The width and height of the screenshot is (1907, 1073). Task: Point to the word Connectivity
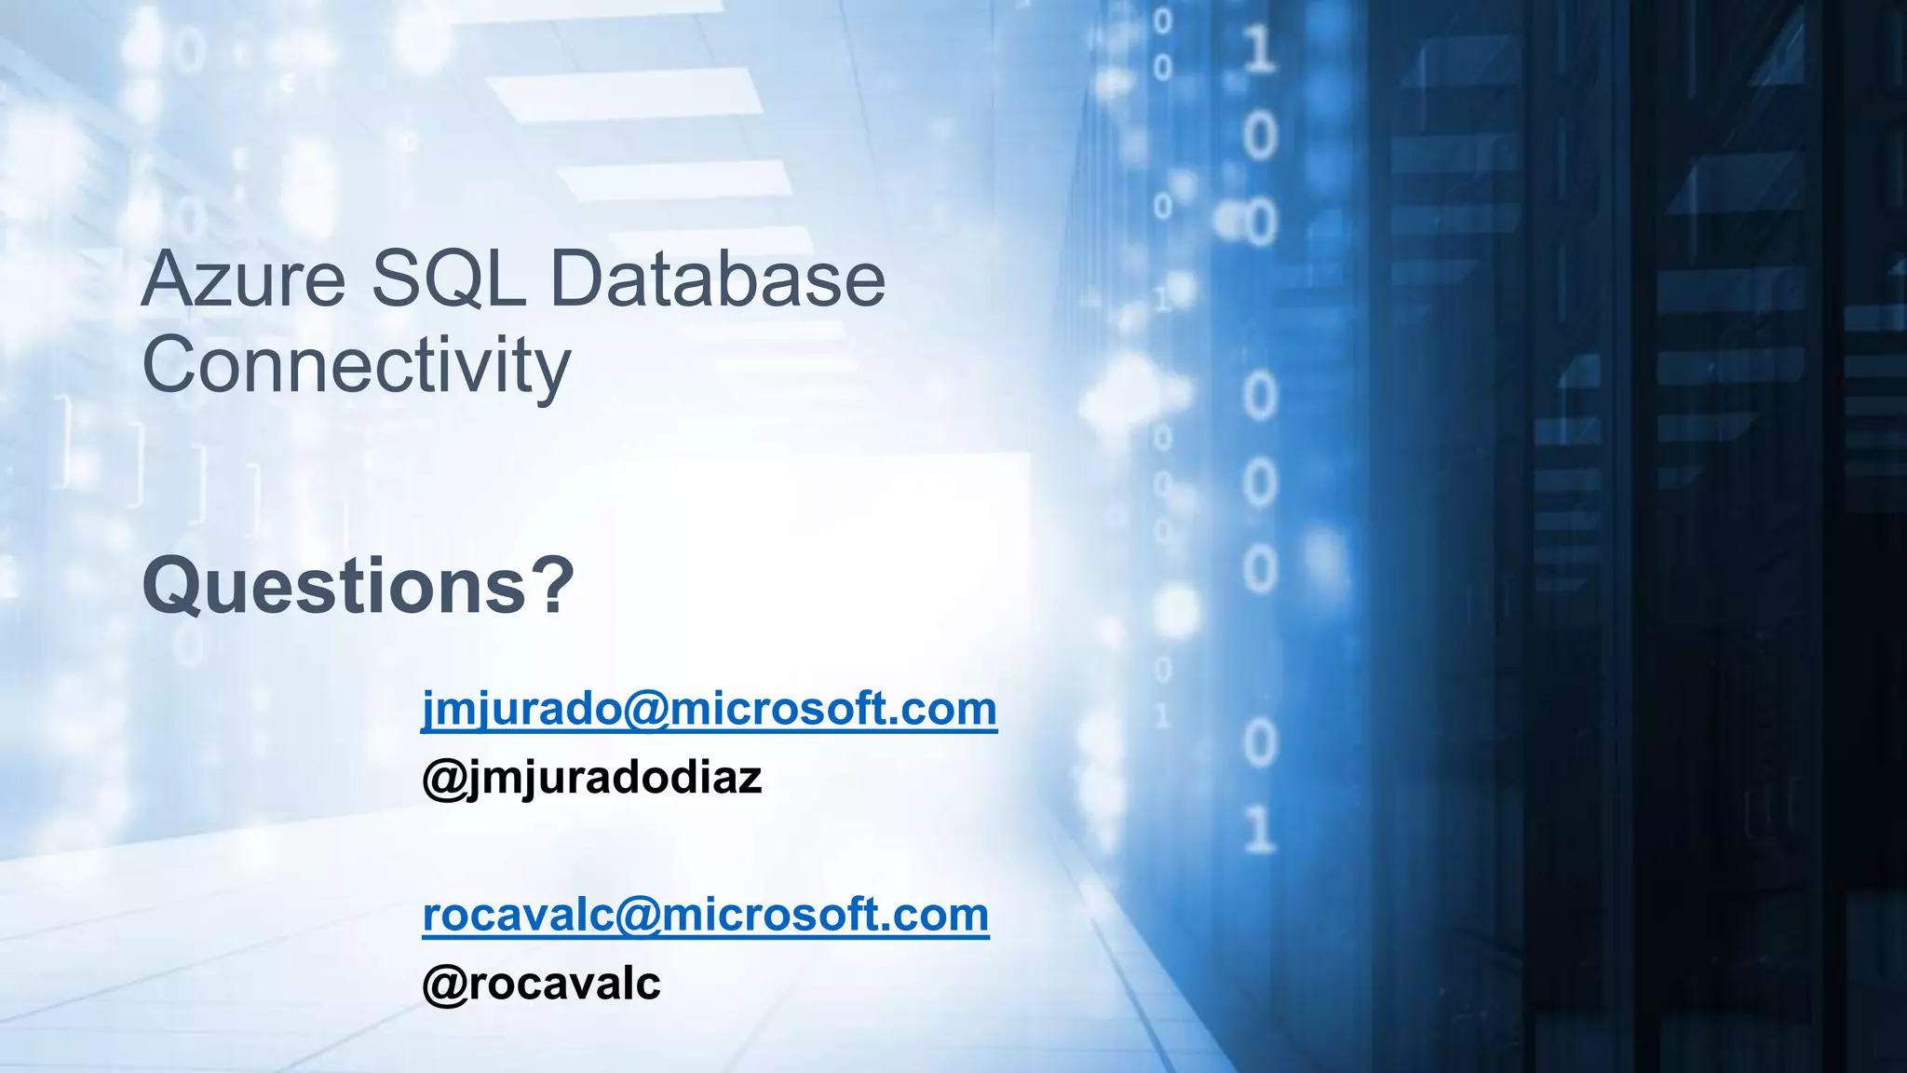point(356,366)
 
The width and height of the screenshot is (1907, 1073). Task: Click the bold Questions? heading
point(358,586)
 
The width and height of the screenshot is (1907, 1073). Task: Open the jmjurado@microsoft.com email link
point(709,710)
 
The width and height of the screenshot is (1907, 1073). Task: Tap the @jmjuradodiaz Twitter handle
point(592,778)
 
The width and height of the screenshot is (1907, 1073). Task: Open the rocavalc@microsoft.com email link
point(705,915)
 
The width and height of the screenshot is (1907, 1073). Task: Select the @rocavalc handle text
point(541,984)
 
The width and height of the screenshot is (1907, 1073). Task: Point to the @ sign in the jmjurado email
point(645,711)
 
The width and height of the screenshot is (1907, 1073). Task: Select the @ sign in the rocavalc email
point(637,916)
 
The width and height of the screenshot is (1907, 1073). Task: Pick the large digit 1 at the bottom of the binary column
point(1260,829)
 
